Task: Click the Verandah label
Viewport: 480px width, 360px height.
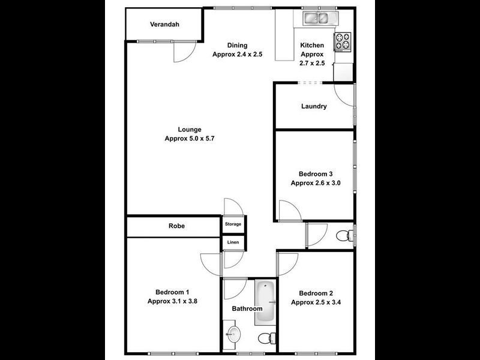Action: point(164,25)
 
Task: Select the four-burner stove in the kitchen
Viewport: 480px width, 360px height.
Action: point(343,41)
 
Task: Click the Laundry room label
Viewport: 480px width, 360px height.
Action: point(314,107)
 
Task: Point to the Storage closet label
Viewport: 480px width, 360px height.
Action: point(233,224)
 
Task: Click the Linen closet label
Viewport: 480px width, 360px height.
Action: point(233,242)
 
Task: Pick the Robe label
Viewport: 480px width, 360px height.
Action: point(176,226)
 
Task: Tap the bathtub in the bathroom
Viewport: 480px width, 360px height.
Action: point(265,302)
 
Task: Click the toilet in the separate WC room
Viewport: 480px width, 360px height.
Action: point(343,235)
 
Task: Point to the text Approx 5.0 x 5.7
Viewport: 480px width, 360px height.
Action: point(189,139)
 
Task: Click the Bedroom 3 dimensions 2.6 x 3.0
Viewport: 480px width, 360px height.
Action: point(316,184)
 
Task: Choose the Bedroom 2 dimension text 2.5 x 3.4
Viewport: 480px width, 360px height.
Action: point(316,302)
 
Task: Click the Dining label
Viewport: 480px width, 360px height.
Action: point(238,46)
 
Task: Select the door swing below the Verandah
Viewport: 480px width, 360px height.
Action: point(182,53)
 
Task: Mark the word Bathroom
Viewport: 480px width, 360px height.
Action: point(247,309)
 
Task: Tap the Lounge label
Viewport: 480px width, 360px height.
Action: point(189,130)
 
